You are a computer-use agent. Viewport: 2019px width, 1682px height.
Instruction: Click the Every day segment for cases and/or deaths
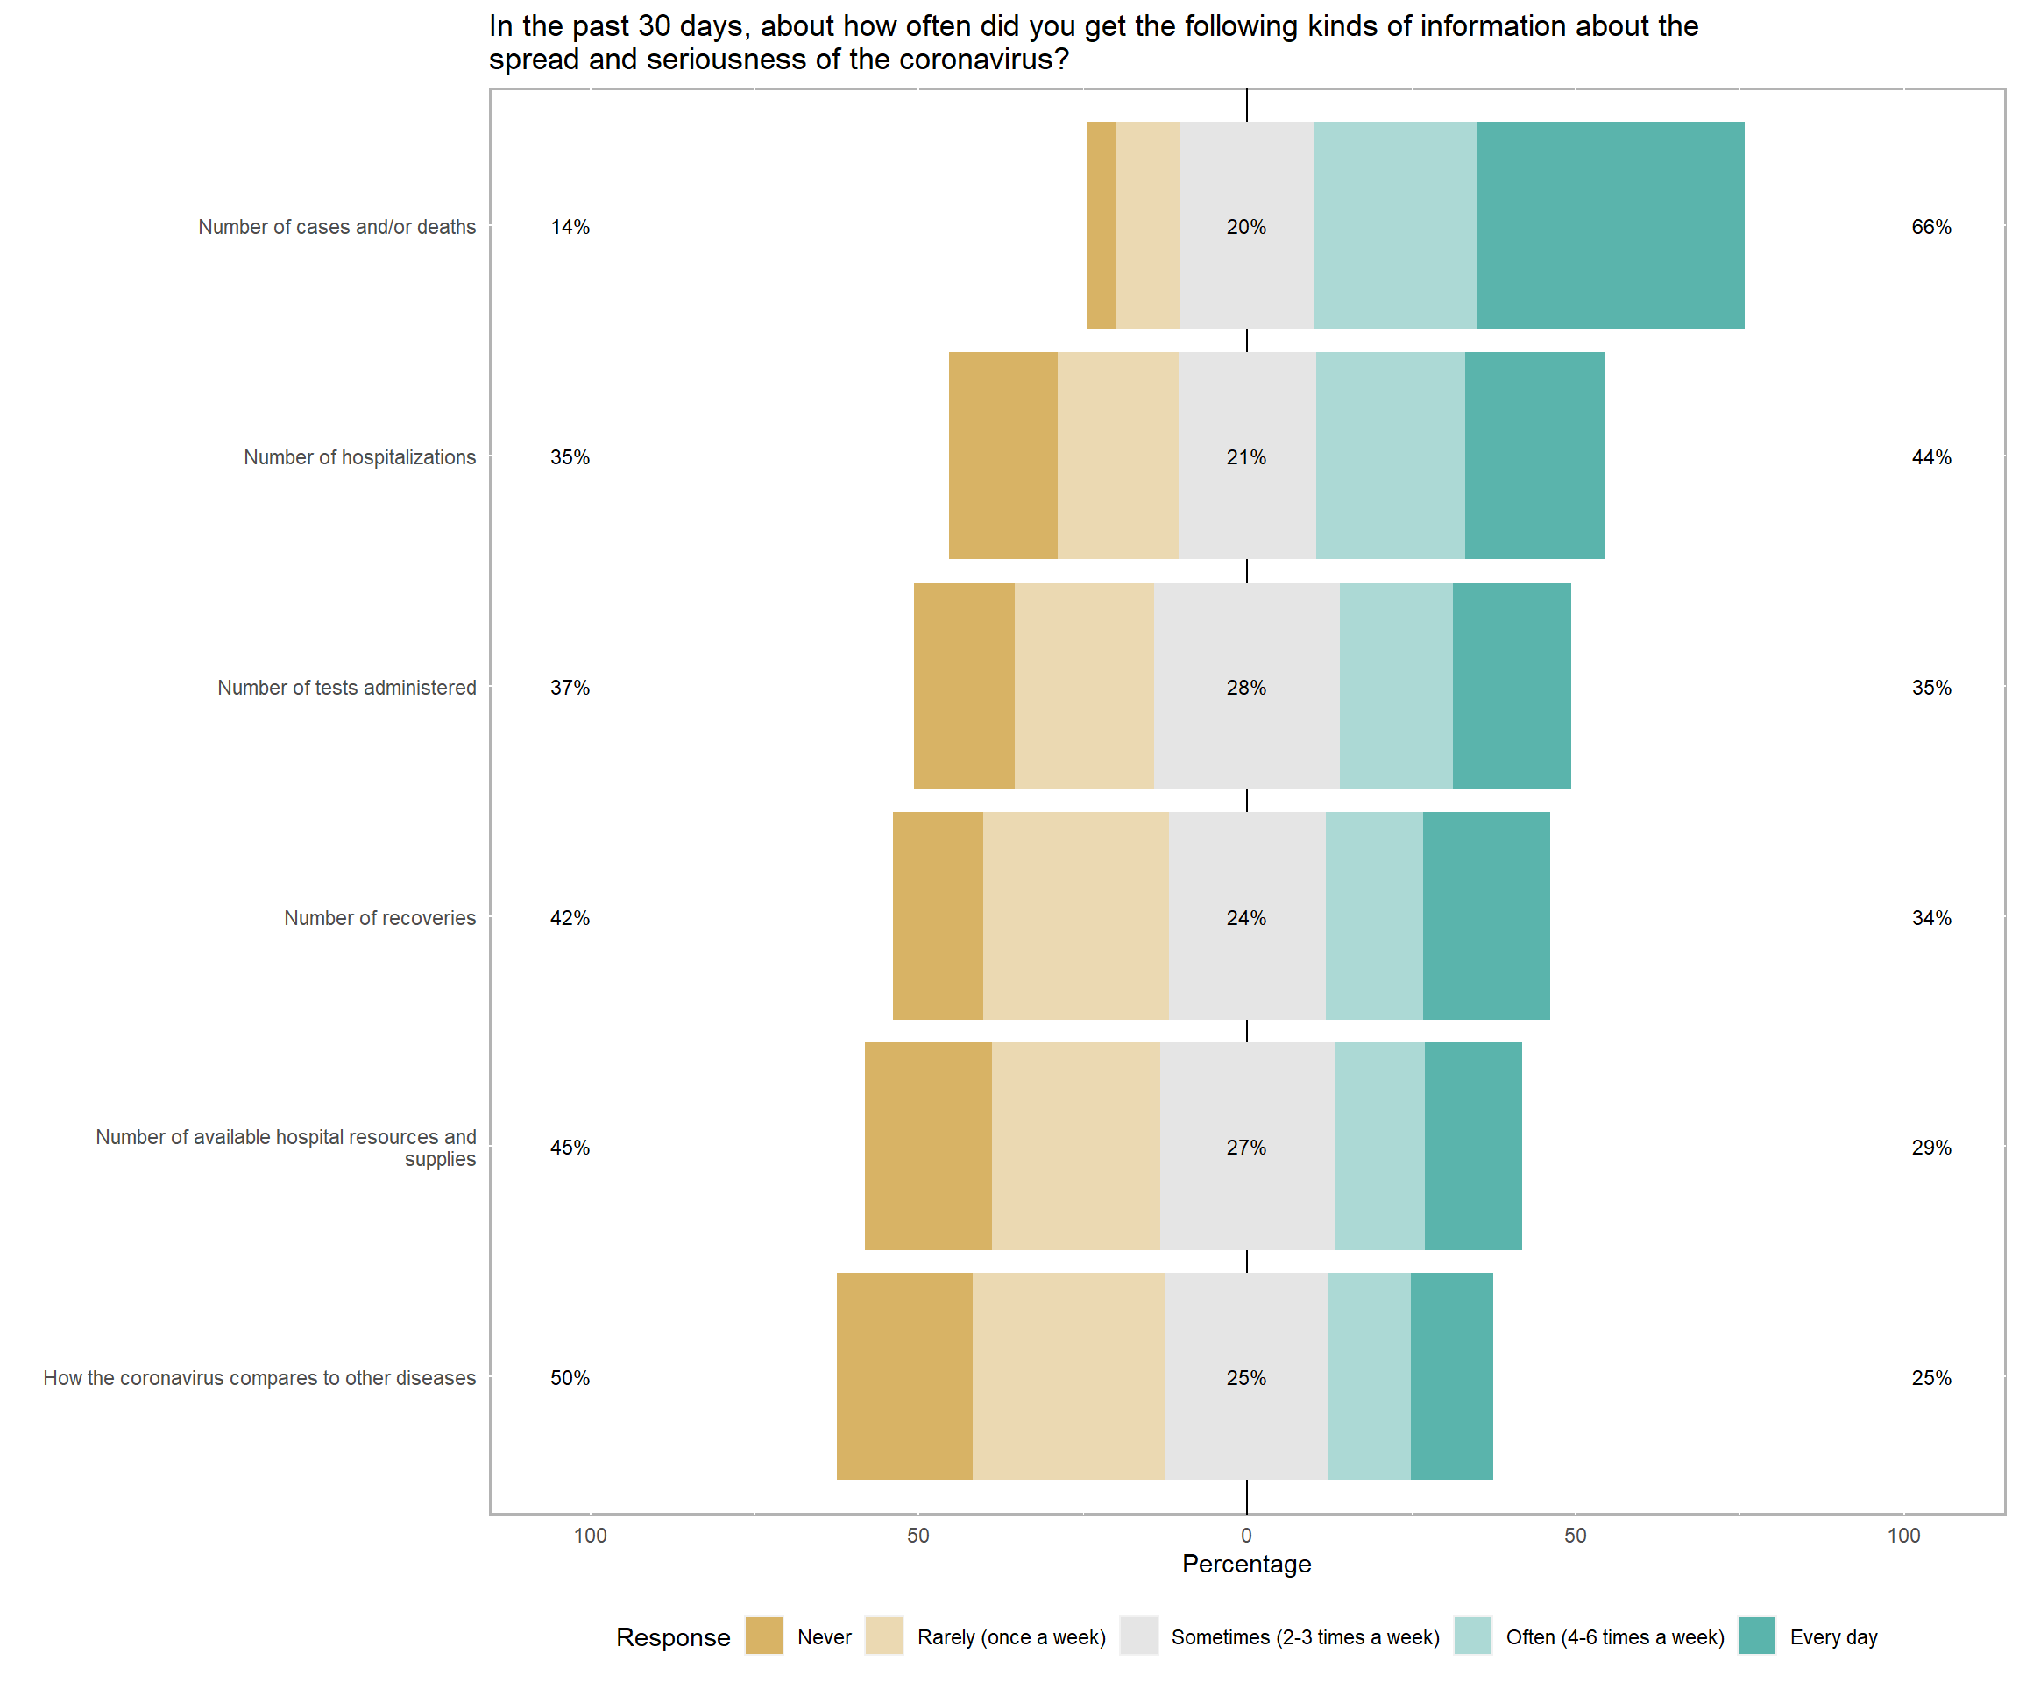[x=1611, y=226]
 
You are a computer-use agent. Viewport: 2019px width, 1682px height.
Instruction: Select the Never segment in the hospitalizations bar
[x=1002, y=456]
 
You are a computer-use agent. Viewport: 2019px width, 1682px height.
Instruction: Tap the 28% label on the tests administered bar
[x=1246, y=687]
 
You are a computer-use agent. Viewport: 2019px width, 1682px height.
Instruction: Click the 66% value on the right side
[x=1930, y=227]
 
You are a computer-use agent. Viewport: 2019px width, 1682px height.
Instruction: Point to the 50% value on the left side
[x=570, y=1377]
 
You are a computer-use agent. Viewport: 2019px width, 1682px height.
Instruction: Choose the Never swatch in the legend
[x=763, y=1636]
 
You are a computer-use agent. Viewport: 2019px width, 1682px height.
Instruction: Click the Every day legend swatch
[x=1756, y=1636]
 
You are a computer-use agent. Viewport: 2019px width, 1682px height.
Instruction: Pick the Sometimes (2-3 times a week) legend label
[x=1305, y=1636]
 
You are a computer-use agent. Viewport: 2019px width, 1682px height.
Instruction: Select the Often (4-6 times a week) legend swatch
[x=1472, y=1636]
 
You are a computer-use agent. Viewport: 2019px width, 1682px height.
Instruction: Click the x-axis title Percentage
[x=1246, y=1564]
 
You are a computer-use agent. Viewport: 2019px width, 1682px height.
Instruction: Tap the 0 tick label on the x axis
[x=1246, y=1535]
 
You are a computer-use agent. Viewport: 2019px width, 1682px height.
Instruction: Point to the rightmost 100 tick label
[x=1902, y=1535]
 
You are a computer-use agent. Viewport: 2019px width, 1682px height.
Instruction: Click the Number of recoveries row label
[x=379, y=918]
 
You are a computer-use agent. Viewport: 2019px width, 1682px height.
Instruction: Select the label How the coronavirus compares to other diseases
[x=259, y=1377]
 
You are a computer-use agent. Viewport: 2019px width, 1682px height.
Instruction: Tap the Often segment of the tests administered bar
[x=1396, y=686]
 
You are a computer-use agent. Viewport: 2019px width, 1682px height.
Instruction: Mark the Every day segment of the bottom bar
[x=1452, y=1376]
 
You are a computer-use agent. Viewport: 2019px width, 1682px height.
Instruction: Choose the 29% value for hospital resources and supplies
[x=1930, y=1148]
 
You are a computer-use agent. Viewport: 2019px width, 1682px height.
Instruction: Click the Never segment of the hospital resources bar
[x=928, y=1147]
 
